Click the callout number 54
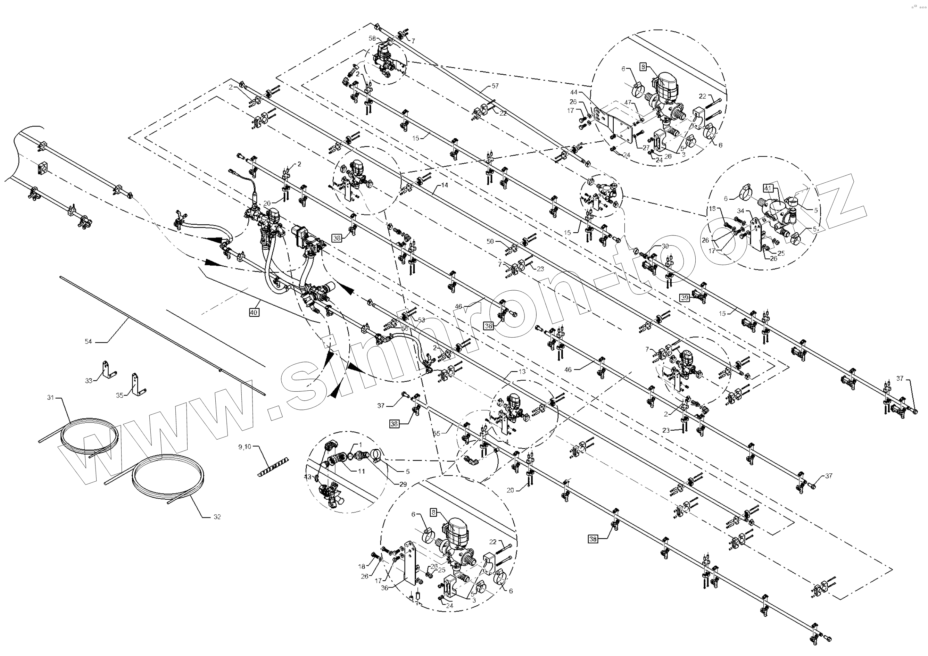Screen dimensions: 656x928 click(x=88, y=341)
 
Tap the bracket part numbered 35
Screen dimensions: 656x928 click(x=136, y=385)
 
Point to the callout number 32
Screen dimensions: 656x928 click(x=217, y=516)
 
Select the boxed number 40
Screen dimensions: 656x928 click(x=254, y=312)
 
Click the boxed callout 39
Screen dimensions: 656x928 click(x=684, y=298)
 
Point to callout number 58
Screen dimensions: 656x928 click(x=372, y=39)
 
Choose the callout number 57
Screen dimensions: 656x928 click(x=495, y=86)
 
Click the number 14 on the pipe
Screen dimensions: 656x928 click(x=445, y=185)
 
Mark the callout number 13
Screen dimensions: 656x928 click(x=522, y=372)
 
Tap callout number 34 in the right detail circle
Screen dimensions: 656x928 click(x=740, y=210)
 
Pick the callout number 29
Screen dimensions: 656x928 click(x=403, y=484)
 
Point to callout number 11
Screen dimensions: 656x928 click(x=361, y=471)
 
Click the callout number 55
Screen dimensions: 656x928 click(x=437, y=433)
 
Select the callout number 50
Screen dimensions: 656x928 click(x=490, y=241)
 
